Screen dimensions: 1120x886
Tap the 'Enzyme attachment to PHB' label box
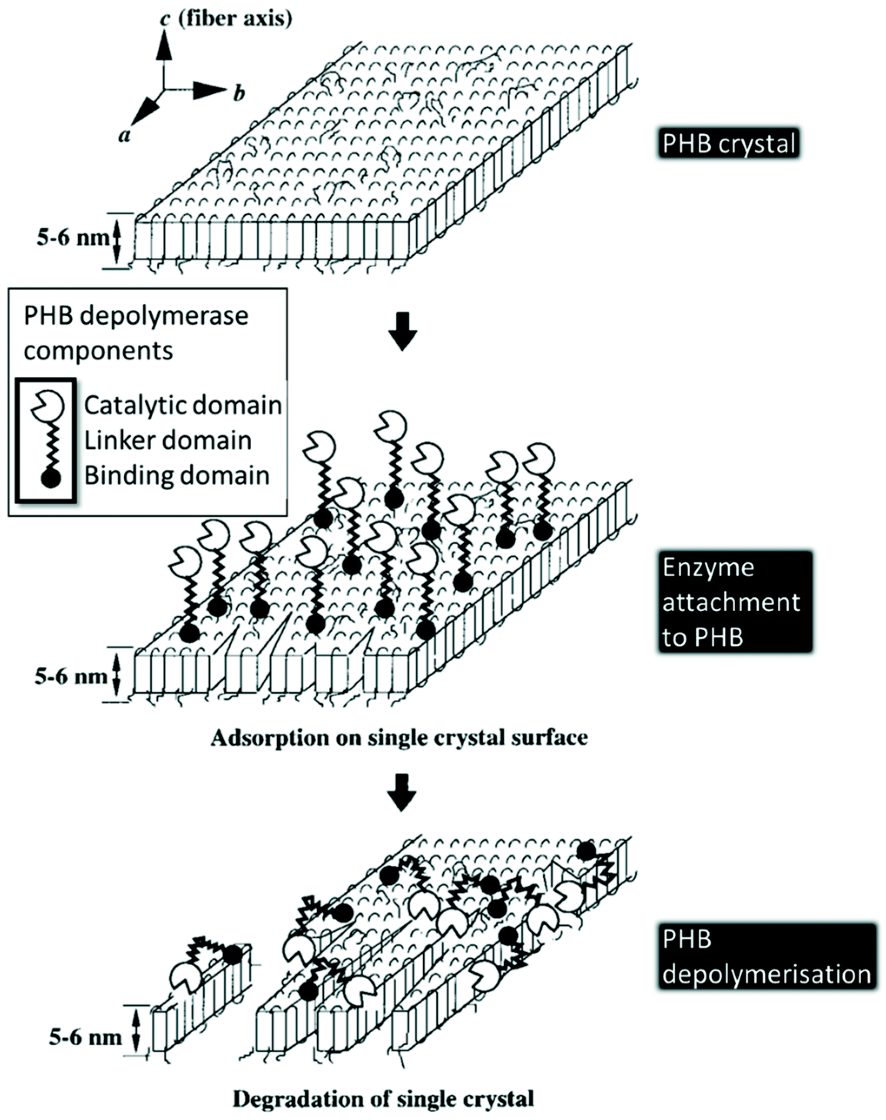pyautogui.click(x=734, y=602)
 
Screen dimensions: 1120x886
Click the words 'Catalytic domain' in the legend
pyautogui.click(x=183, y=405)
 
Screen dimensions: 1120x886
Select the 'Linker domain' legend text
pyautogui.click(x=168, y=440)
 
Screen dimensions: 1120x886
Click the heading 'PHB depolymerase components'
pyautogui.click(x=136, y=333)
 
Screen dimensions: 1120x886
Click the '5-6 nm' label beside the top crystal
pyautogui.click(x=72, y=238)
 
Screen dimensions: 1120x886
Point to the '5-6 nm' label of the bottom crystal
pyautogui.click(x=86, y=1037)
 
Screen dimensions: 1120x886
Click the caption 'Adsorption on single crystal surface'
pyautogui.click(x=399, y=738)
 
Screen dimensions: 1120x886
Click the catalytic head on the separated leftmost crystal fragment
pyautogui.click(x=186, y=978)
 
